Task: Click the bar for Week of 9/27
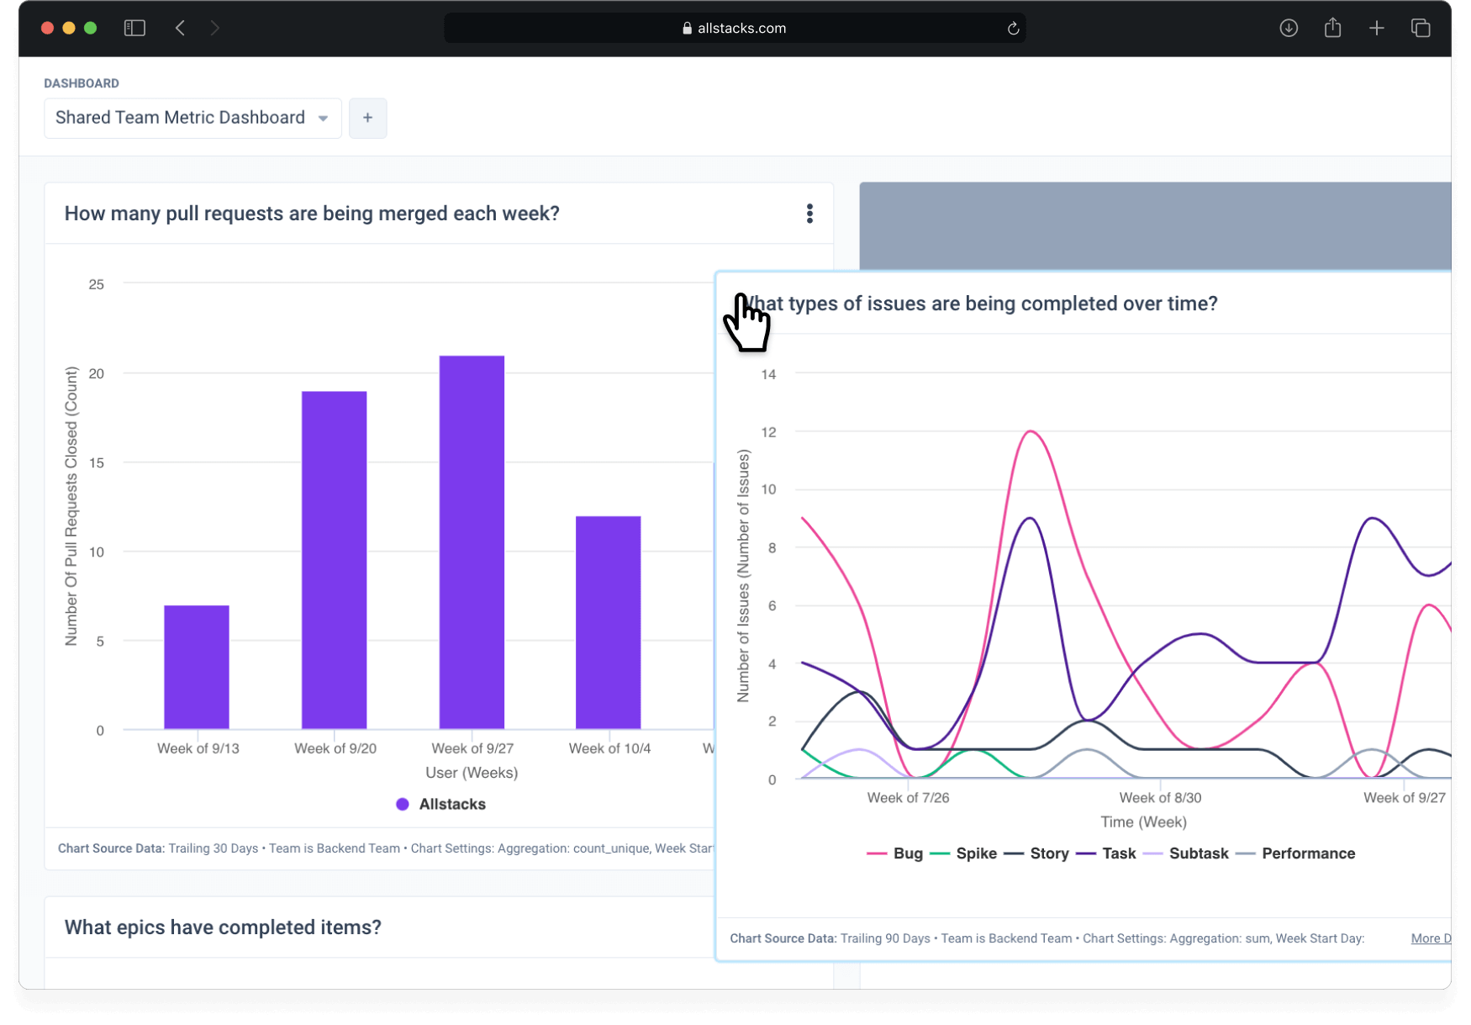472,542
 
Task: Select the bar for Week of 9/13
196,667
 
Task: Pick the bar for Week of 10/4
608,622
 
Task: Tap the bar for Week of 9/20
334,559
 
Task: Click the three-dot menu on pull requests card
809,214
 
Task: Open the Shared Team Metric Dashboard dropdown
192,118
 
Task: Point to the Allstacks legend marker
403,805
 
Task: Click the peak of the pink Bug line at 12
1031,432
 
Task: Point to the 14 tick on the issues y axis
768,374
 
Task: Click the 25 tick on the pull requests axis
97,284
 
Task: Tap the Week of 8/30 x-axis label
1160,797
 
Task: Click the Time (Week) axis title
1143,822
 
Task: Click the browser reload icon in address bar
1013,29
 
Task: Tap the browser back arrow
180,29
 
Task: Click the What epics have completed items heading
223,927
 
